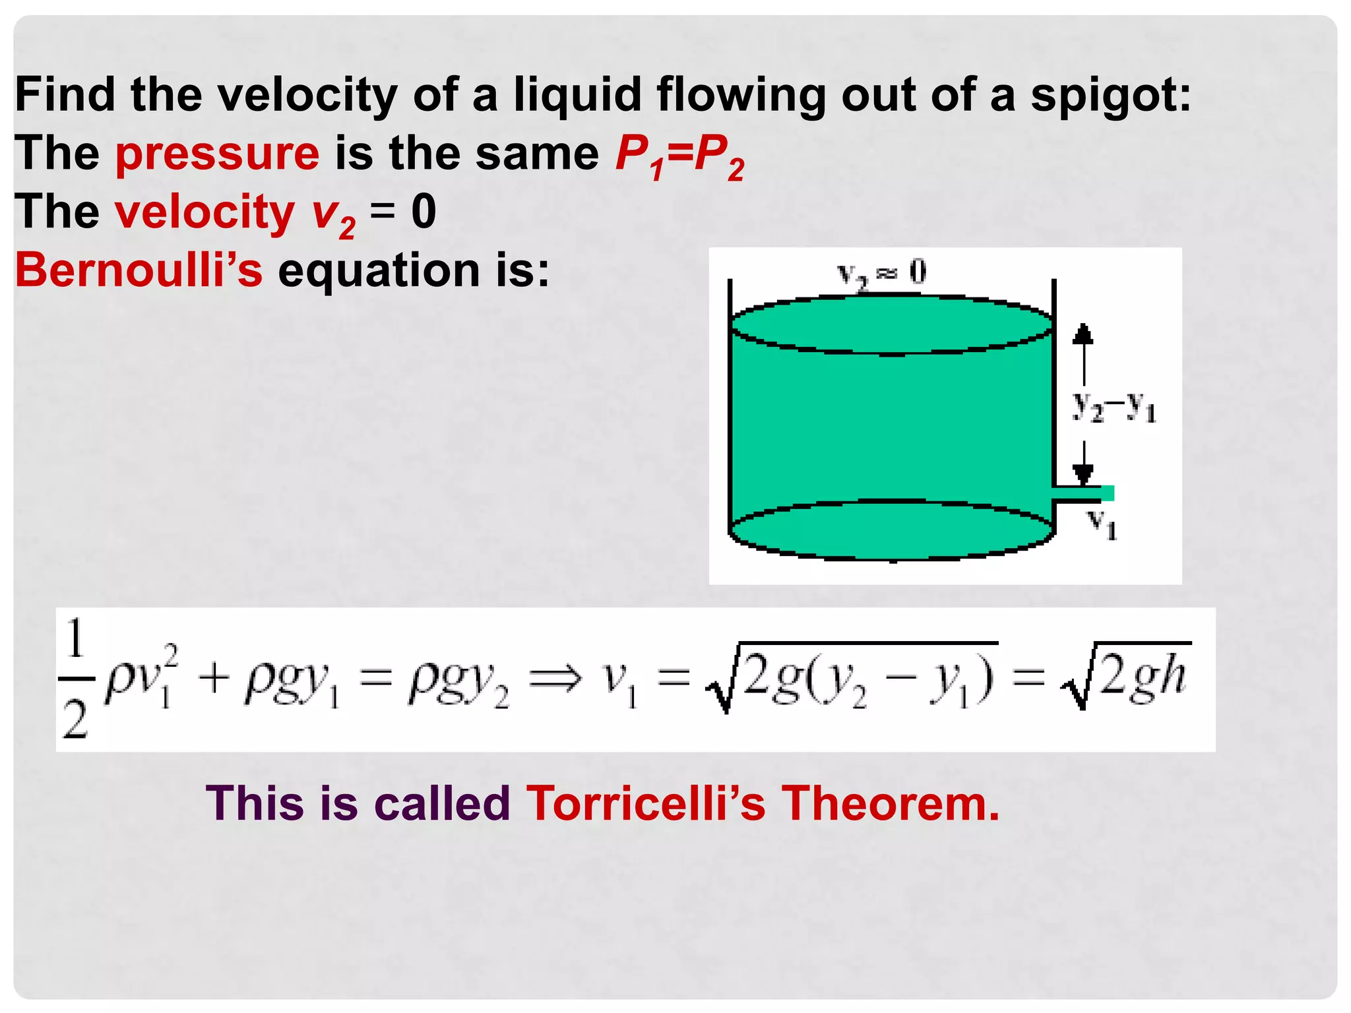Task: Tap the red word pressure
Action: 217,154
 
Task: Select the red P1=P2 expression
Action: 679,156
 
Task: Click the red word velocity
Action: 204,213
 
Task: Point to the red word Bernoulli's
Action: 139,270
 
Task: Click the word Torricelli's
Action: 646,804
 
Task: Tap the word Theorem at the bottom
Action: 891,804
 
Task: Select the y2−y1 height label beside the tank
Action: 1114,406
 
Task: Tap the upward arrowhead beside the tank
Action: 1083,334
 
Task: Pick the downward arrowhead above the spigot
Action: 1083,473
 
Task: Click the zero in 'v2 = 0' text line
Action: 424,212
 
